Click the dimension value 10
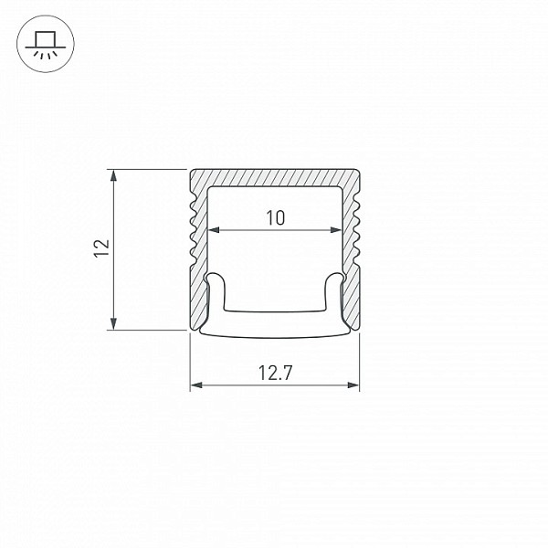[276, 217]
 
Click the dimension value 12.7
[275, 373]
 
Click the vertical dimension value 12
[101, 248]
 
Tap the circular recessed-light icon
[46, 44]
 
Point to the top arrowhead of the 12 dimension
[113, 175]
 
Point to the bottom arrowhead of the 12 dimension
[113, 323]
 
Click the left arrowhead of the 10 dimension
[214, 230]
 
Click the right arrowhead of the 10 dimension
[335, 230]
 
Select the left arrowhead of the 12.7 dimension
[196, 385]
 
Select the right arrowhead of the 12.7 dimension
[353, 385]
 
